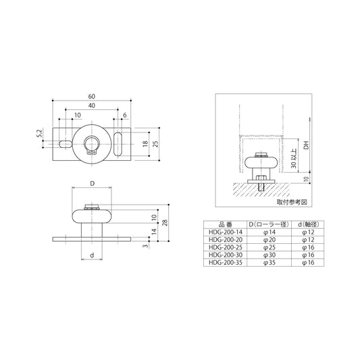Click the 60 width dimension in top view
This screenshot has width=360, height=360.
tap(90, 97)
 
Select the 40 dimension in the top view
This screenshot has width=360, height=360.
tap(90, 106)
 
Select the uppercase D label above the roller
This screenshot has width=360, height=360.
tap(90, 184)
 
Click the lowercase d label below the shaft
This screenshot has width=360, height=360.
tap(90, 255)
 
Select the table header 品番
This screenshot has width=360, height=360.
tap(225, 224)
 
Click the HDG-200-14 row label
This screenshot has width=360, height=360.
tap(225, 232)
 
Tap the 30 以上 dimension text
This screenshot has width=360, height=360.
tap(292, 160)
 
